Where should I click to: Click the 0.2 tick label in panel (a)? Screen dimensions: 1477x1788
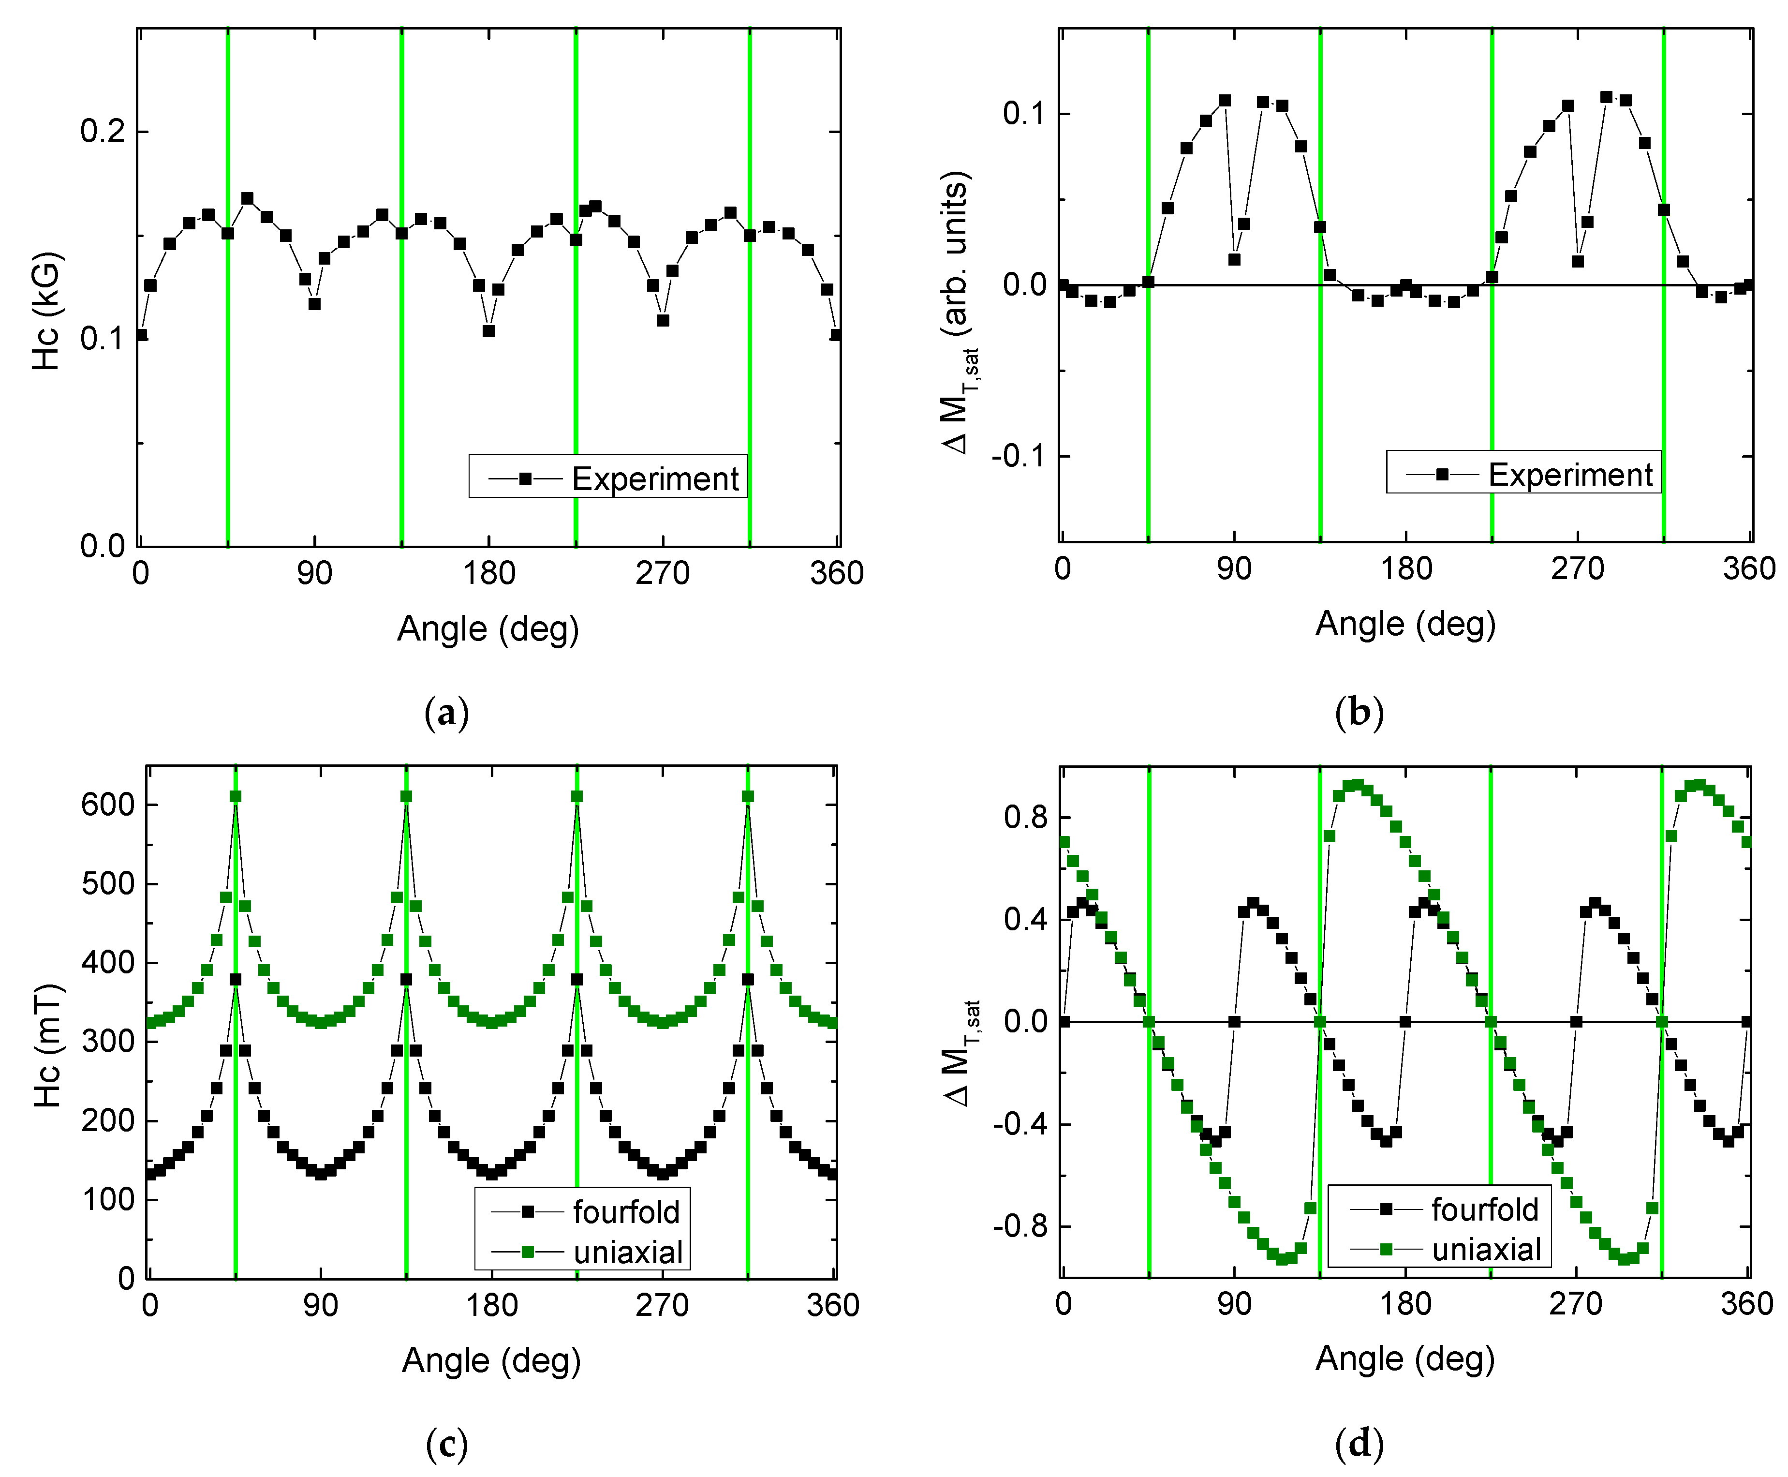[x=102, y=132]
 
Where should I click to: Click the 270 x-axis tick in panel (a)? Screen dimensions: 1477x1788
[x=662, y=573]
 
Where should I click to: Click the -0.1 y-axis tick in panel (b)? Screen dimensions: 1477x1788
[x=1018, y=457]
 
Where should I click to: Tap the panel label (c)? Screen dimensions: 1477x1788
[x=446, y=1444]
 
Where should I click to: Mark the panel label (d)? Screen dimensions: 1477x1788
[x=1359, y=1444]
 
